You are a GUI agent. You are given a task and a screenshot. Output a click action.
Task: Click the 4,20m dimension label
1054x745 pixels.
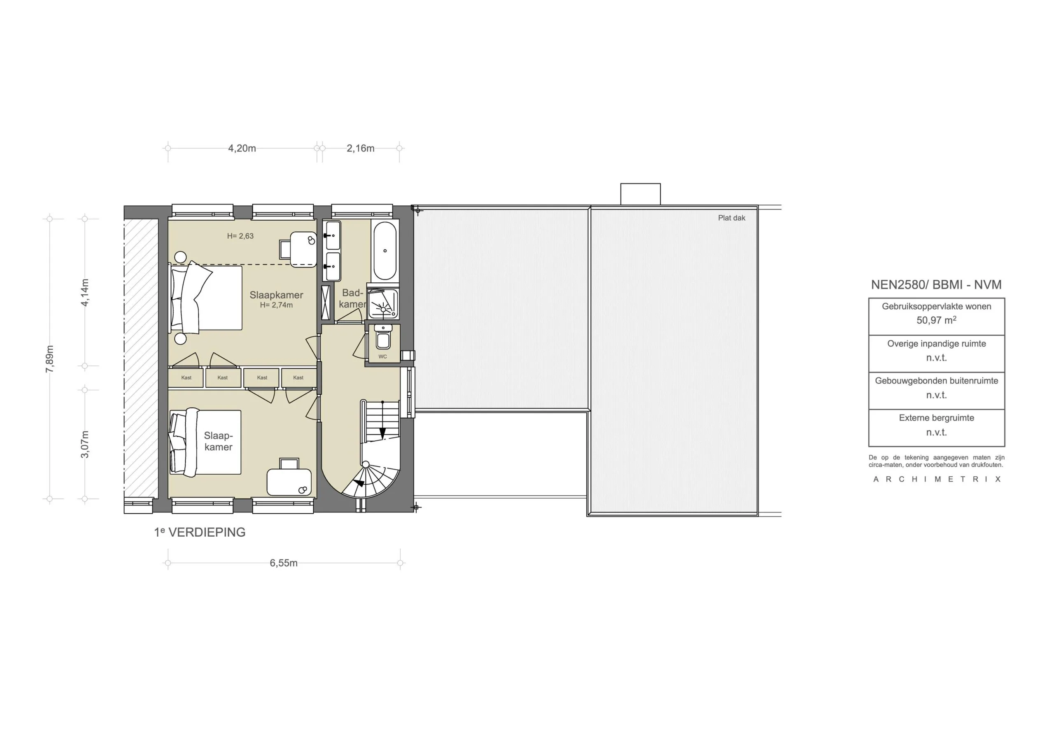pyautogui.click(x=242, y=148)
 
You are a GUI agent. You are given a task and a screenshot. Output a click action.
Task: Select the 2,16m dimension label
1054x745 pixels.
pyautogui.click(x=360, y=148)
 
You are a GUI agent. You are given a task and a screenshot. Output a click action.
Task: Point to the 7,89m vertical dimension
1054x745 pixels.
pyautogui.click(x=49, y=359)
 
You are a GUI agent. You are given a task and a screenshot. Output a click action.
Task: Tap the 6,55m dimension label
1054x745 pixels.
pyautogui.click(x=284, y=563)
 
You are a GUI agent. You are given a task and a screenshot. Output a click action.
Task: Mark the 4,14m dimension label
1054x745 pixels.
pyautogui.click(x=85, y=292)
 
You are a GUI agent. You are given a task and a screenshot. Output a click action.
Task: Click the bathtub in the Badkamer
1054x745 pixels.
pyautogui.click(x=385, y=251)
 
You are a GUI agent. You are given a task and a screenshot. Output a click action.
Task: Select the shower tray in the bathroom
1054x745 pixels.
pyautogui.click(x=382, y=304)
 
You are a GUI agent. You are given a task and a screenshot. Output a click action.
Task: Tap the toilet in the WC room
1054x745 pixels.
pyautogui.click(x=383, y=337)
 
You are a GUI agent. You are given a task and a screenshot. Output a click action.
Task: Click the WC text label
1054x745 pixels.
pyautogui.click(x=382, y=357)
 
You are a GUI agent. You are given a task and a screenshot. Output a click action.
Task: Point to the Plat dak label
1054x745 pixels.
pyautogui.click(x=732, y=218)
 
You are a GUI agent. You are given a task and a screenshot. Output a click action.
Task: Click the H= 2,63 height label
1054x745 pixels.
pyautogui.click(x=240, y=236)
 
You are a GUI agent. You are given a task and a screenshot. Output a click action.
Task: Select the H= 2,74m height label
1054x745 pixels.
pyautogui.click(x=276, y=305)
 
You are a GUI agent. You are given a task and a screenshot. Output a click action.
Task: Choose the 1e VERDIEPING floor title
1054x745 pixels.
pyautogui.click(x=200, y=532)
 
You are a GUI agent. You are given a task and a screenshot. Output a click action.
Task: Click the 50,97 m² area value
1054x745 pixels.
pyautogui.click(x=937, y=320)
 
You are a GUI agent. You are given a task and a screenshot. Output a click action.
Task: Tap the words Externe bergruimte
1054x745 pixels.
pyautogui.click(x=937, y=418)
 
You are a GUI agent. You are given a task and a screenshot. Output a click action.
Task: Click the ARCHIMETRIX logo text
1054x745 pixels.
pyautogui.click(x=937, y=479)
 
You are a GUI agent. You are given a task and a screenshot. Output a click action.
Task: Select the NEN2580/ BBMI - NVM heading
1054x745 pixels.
pyautogui.click(x=937, y=284)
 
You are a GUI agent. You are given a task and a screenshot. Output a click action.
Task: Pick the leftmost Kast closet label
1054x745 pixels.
pyautogui.click(x=187, y=378)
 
